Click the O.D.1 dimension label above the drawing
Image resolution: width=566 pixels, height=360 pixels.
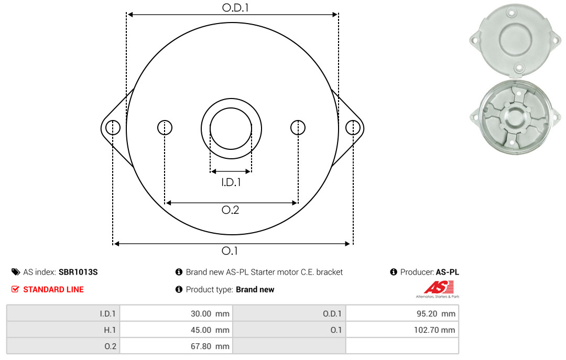click(235, 7)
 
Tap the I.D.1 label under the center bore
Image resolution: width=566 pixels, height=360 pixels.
click(231, 182)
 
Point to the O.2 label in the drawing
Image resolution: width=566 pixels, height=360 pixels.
click(230, 210)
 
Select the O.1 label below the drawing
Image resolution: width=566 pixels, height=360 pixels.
click(230, 250)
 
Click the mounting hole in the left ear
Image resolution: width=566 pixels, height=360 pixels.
click(113, 127)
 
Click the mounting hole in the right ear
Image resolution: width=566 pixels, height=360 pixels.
click(353, 127)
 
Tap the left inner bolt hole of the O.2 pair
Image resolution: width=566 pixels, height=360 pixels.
click(165, 127)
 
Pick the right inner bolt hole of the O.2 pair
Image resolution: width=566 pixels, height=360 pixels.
click(298, 127)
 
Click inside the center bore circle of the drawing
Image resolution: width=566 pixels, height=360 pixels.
click(231, 128)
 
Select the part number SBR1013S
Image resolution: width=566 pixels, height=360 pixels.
click(78, 272)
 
